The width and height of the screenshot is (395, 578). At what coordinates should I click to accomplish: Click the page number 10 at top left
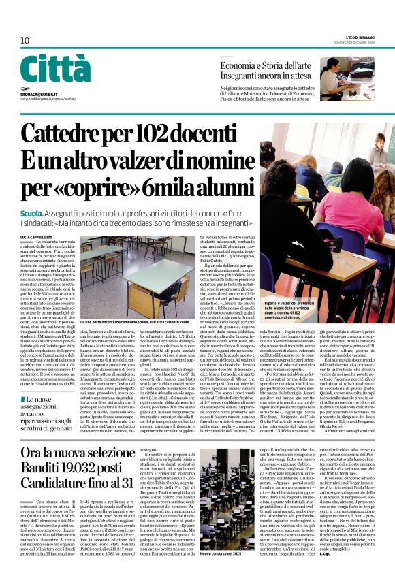pos(25,41)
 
